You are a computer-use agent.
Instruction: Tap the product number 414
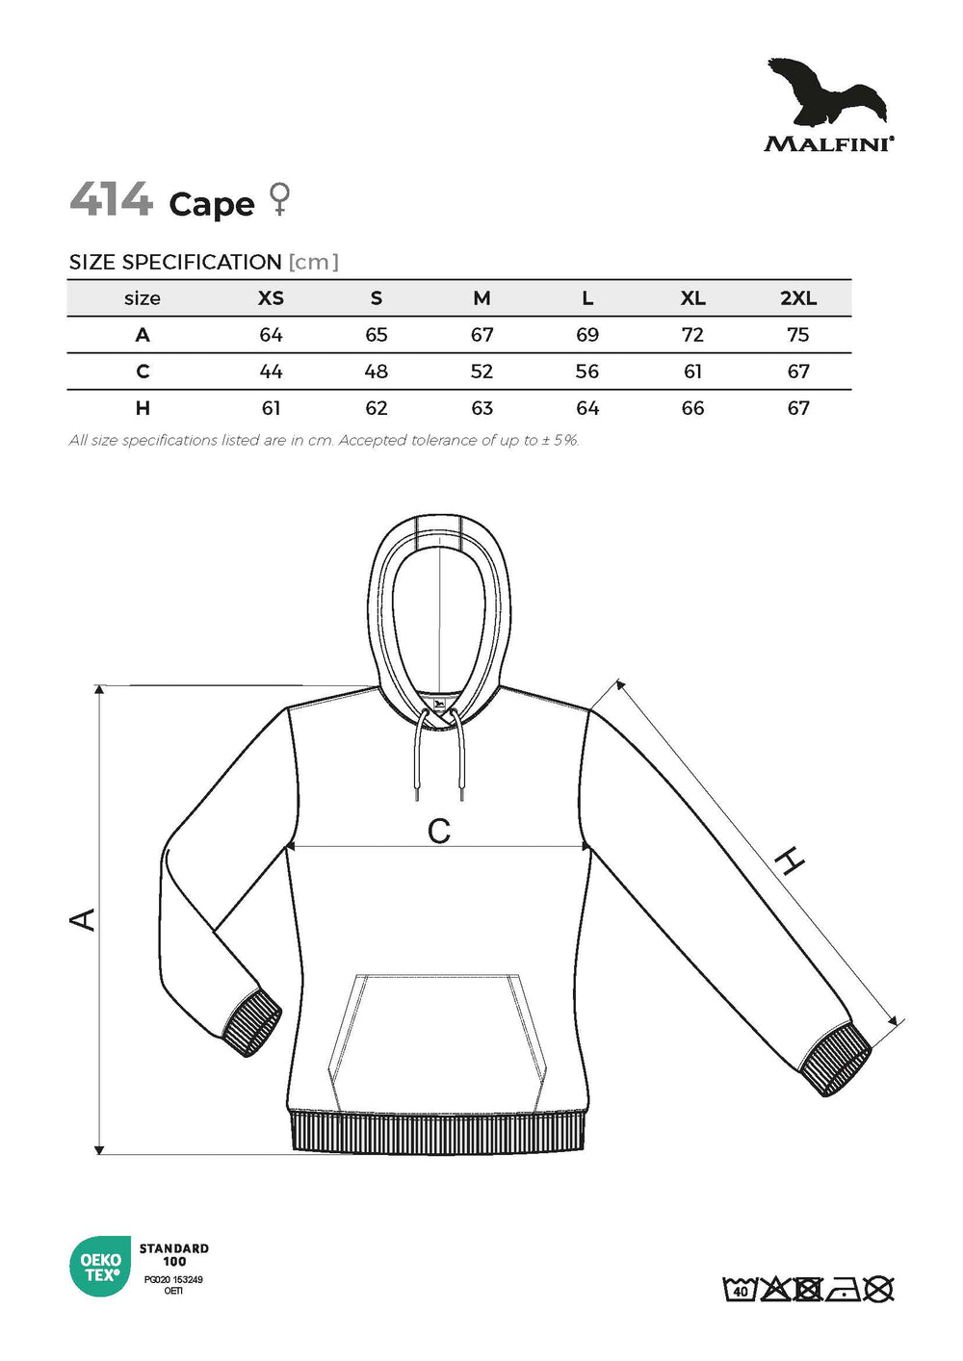pos(112,200)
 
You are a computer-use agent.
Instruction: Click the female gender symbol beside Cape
pos(280,199)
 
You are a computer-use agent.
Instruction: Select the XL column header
pos(692,298)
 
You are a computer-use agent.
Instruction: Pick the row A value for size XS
pos(271,335)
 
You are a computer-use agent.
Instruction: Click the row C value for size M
pos(481,372)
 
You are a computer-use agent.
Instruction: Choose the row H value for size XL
pos(692,408)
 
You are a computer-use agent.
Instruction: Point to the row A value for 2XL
pos(797,335)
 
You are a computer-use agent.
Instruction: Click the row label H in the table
pos(143,408)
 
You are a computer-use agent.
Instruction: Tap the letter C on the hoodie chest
pos(439,831)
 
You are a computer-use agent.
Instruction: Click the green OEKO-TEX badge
pos(100,1267)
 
